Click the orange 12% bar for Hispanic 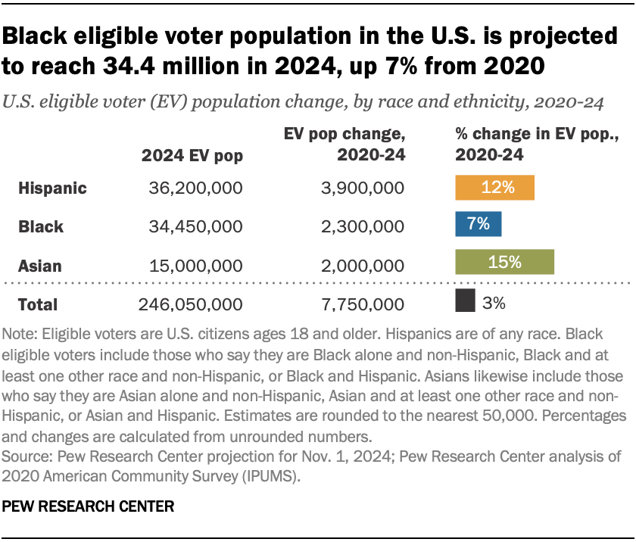click(x=494, y=188)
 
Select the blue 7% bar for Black click(x=478, y=225)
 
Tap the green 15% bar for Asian click(x=504, y=262)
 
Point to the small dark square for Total click(x=465, y=301)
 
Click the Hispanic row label click(x=52, y=188)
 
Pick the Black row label click(x=41, y=226)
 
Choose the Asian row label click(x=40, y=266)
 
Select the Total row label click(x=38, y=304)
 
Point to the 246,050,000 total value click(x=191, y=304)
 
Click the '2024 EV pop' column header click(x=192, y=156)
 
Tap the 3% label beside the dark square click(x=494, y=303)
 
